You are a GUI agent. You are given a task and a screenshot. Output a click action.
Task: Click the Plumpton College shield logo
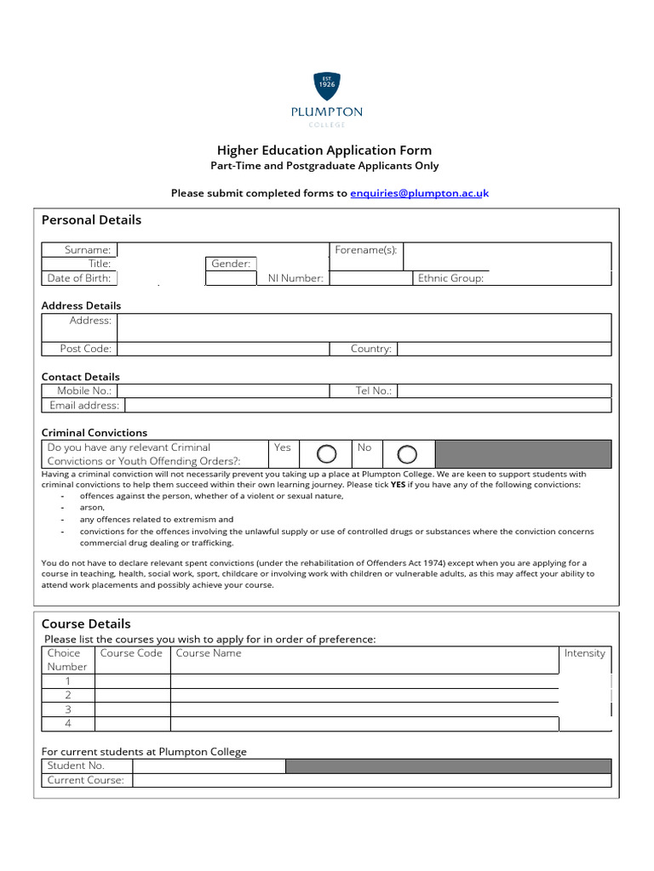(326, 85)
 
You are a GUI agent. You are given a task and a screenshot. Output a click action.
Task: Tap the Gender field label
(231, 264)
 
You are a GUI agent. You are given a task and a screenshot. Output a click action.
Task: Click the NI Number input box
(370, 278)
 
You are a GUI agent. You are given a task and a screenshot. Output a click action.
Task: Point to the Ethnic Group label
(450, 278)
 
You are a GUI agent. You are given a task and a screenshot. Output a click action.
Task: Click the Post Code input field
(223, 349)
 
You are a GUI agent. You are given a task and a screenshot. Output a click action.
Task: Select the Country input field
(503, 349)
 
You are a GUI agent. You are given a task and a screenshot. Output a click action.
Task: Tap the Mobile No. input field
(223, 391)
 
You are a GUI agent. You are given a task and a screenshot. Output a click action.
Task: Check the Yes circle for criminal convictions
(326, 454)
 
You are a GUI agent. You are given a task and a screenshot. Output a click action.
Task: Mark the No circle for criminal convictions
(407, 454)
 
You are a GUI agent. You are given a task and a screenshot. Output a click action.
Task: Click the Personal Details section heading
(91, 220)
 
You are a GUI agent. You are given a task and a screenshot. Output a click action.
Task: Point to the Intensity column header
(584, 653)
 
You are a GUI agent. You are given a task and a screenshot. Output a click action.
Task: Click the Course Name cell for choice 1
(364, 681)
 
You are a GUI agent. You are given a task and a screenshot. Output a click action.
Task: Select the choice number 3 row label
(68, 709)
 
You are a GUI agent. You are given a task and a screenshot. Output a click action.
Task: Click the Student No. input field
(209, 766)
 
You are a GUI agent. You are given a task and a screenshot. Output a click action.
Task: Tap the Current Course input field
(371, 780)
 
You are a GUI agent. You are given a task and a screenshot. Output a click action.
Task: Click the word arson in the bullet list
(92, 507)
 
